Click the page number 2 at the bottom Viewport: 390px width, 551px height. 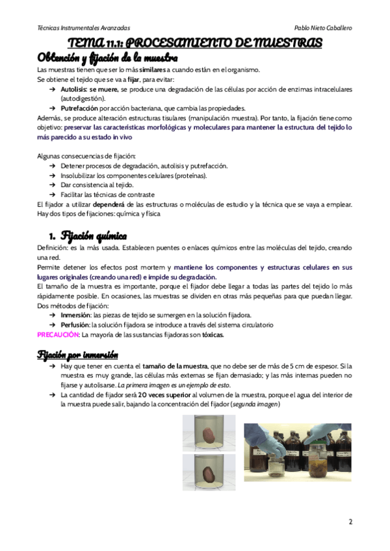click(x=350, y=522)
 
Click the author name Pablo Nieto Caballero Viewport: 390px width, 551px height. click(x=322, y=29)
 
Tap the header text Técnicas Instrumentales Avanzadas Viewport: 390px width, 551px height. click(x=83, y=29)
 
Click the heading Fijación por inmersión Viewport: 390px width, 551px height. click(x=78, y=355)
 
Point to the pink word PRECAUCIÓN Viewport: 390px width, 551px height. click(x=58, y=335)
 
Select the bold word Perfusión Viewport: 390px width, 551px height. click(x=75, y=324)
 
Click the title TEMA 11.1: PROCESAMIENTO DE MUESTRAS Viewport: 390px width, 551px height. click(x=195, y=44)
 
